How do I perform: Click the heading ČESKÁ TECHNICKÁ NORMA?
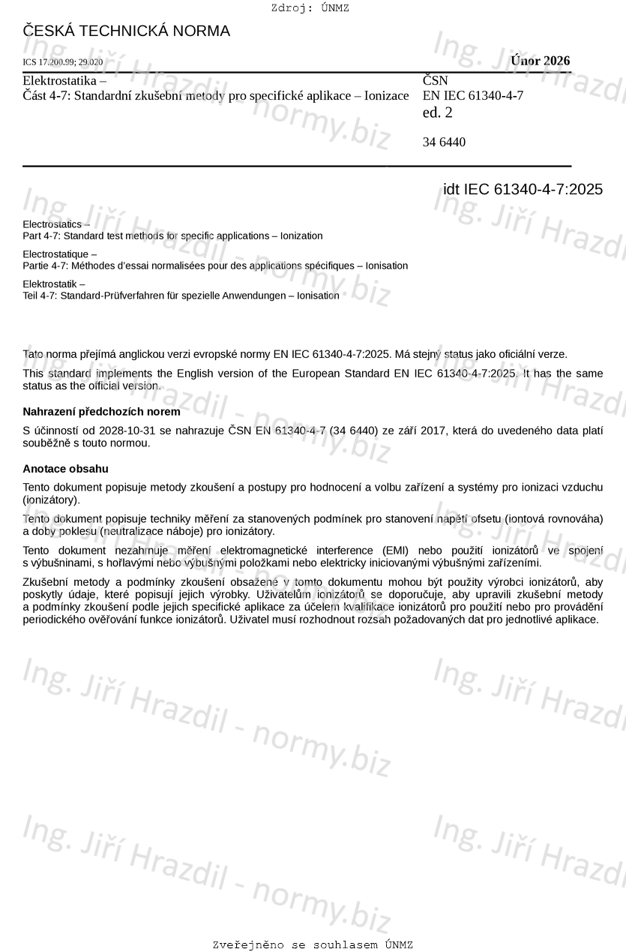point(127,32)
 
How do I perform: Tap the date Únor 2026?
point(540,61)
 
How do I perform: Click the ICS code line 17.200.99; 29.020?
point(63,62)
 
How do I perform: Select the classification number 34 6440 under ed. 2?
point(444,142)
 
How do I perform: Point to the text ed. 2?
point(438,113)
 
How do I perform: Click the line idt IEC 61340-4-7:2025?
point(523,189)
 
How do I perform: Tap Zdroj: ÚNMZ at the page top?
point(310,8)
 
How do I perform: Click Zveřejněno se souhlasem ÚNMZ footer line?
point(313,944)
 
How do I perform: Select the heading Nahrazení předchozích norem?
point(101,412)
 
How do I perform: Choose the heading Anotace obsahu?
point(66,469)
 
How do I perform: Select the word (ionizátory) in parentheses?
point(51,499)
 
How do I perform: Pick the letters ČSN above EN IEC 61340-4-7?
point(436,80)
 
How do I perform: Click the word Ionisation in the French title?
point(384,266)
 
